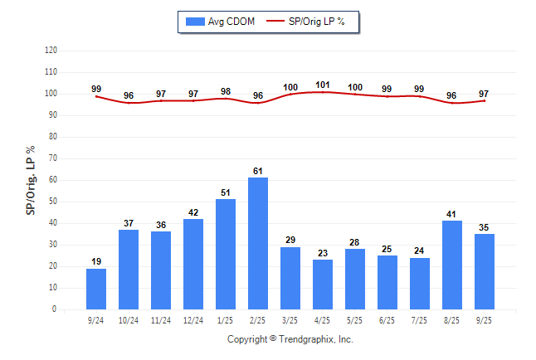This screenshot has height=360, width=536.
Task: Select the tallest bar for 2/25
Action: tap(258, 243)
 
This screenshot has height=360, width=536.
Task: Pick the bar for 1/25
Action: tap(226, 254)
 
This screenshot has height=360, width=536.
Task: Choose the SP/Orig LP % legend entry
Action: tap(311, 22)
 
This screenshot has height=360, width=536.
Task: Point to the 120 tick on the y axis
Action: tap(51, 51)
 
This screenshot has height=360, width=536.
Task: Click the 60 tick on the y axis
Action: tap(52, 180)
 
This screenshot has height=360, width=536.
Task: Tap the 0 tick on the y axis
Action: tap(54, 309)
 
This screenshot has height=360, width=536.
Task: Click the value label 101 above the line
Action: tap(323, 85)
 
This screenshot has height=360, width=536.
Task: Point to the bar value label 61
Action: tap(258, 171)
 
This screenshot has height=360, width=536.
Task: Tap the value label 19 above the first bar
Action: tap(96, 261)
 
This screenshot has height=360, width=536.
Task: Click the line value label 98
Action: tap(226, 91)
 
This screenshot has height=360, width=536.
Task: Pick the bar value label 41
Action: tap(452, 214)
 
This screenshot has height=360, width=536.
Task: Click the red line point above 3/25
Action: tap(290, 94)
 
